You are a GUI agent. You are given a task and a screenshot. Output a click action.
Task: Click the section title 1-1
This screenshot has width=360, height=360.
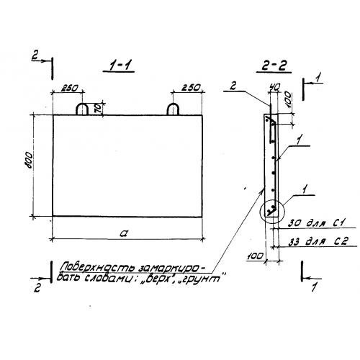pyautogui.click(x=118, y=66)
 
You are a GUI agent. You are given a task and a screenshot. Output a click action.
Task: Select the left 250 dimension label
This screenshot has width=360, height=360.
pyautogui.click(x=69, y=88)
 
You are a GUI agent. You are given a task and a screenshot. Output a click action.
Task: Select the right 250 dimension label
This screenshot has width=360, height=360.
pyautogui.click(x=191, y=88)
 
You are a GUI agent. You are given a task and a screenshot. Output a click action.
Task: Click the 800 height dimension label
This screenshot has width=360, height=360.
pyautogui.click(x=29, y=160)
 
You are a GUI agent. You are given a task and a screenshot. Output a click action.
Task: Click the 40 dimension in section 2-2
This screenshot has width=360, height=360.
pyautogui.click(x=274, y=88)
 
